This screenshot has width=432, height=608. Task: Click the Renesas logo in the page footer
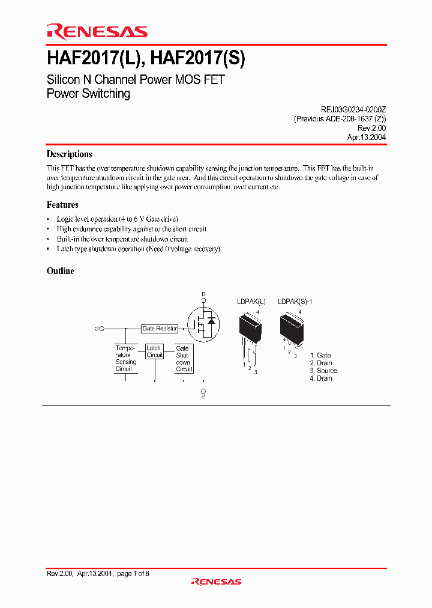pyautogui.click(x=216, y=582)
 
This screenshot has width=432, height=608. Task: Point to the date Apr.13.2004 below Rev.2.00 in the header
pyautogui.click(x=366, y=137)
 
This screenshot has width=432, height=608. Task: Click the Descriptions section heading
pyautogui.click(x=69, y=154)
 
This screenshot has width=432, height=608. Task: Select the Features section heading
pyautogui.click(x=62, y=205)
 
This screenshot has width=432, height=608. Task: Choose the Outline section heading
pyautogui.click(x=61, y=271)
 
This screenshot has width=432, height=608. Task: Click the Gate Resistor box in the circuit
pyautogui.click(x=160, y=329)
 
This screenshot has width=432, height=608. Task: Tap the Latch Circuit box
pyautogui.click(x=154, y=351)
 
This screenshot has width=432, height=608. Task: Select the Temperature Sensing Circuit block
pyautogui.click(x=126, y=358)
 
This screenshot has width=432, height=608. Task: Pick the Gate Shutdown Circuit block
pyautogui.click(x=184, y=358)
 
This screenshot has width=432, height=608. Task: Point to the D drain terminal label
pyautogui.click(x=203, y=294)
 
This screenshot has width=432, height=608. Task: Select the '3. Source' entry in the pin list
pyautogui.click(x=323, y=371)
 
